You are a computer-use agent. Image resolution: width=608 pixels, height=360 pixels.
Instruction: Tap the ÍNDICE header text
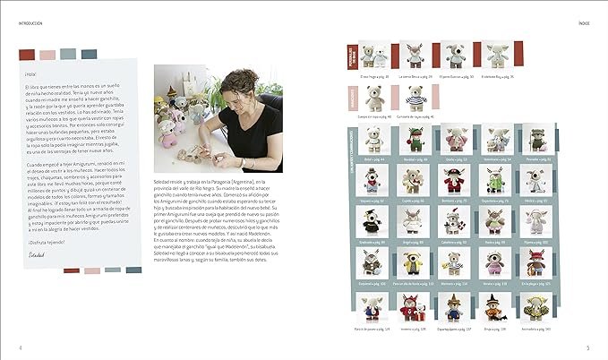pyautogui.click(x=583, y=12)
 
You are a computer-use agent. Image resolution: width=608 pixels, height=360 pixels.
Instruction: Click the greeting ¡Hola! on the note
pyautogui.click(x=31, y=74)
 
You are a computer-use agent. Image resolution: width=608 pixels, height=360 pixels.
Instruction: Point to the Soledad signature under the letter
pyautogui.click(x=36, y=256)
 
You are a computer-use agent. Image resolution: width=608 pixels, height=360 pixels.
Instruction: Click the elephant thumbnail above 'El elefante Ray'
pyautogui.click(x=498, y=56)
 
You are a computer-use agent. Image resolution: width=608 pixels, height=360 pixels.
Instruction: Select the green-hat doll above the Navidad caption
pyautogui.click(x=415, y=141)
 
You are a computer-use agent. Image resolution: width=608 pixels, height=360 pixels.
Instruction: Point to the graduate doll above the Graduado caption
pyautogui.click(x=374, y=221)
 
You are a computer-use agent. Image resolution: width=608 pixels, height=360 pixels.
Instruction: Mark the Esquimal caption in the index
pyautogui.click(x=374, y=283)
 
